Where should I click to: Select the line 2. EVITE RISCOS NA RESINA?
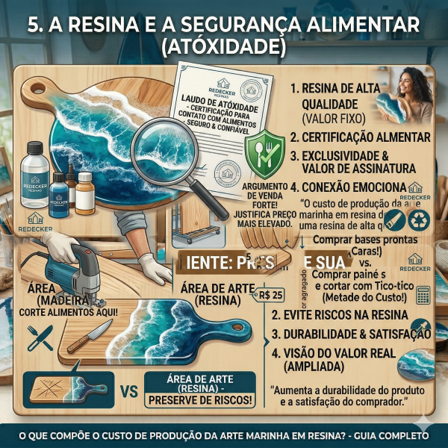click(347, 315)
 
